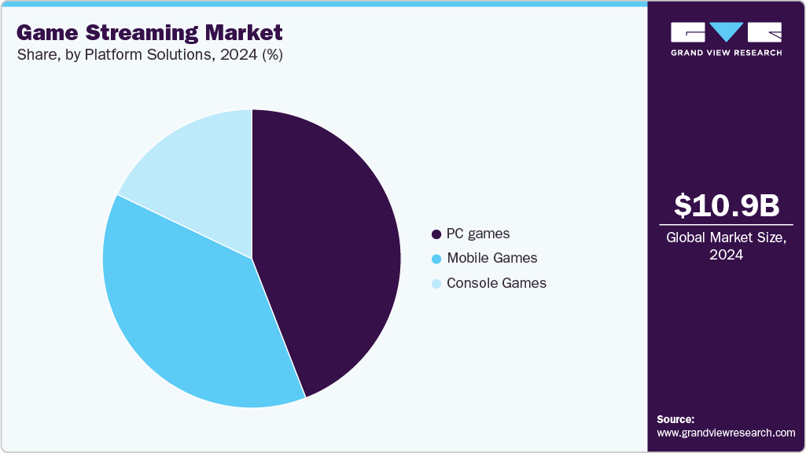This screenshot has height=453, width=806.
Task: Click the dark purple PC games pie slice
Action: pos(330,252)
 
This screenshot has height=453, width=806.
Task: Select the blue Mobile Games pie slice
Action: pos(189,315)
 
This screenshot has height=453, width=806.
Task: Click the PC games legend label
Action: pos(478,234)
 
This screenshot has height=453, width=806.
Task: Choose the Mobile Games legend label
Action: pos(491,258)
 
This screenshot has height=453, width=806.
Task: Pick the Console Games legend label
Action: pos(496,283)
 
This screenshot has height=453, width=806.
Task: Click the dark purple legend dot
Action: pos(436,234)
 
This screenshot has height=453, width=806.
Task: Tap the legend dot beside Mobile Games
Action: pos(436,259)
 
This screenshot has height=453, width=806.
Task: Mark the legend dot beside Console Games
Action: pos(436,283)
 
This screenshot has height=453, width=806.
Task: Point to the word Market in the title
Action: pos(245,33)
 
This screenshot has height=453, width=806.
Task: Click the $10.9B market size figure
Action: pos(726,205)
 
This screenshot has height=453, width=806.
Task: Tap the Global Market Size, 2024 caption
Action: pos(726,246)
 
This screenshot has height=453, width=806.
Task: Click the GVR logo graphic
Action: pos(726,32)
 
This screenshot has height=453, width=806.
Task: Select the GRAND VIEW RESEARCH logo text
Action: pos(726,53)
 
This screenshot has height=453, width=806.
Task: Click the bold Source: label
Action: pos(675,419)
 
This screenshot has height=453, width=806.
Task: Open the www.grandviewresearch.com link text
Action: pos(726,433)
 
